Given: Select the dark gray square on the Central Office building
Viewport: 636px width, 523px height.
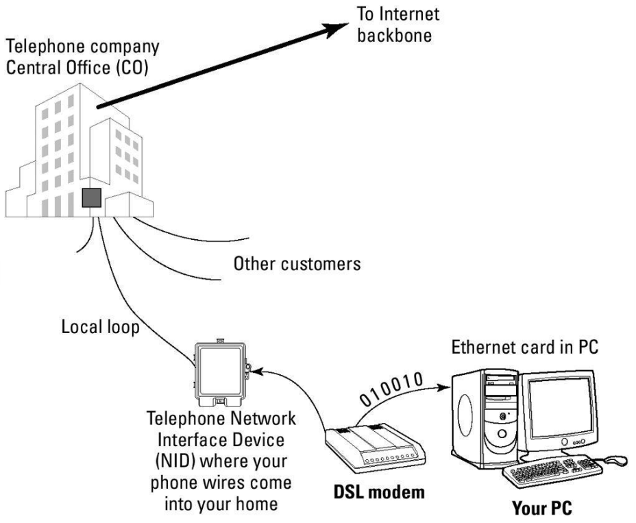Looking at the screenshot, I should coord(91,197).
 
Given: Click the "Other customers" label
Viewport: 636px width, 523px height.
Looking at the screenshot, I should coord(296,264).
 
